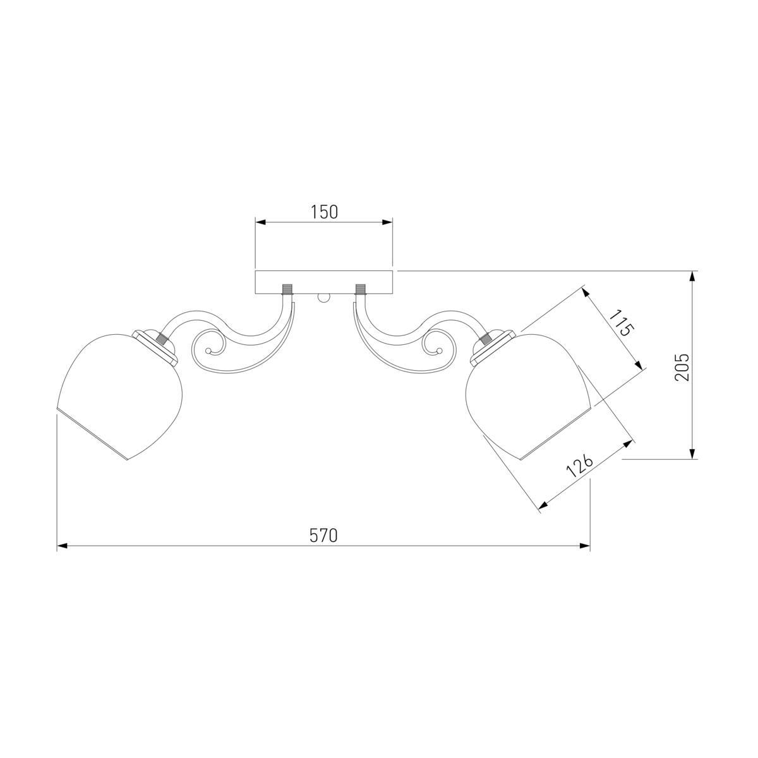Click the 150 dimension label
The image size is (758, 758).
(324, 212)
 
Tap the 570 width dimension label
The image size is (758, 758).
(323, 536)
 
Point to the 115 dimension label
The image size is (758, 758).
(622, 323)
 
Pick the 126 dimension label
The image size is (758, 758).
(579, 466)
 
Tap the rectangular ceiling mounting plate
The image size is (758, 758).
(324, 282)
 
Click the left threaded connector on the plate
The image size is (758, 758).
(287, 289)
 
